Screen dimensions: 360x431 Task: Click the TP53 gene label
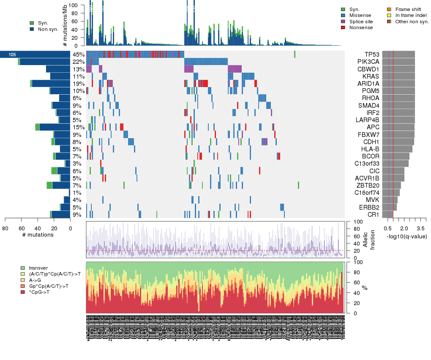372,55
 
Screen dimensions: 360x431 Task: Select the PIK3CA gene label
370,62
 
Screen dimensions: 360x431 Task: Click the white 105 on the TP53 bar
12,55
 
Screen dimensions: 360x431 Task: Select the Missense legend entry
360,15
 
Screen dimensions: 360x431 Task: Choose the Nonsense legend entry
361,27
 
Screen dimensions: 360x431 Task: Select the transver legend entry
38,268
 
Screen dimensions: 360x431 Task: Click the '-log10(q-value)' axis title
406,236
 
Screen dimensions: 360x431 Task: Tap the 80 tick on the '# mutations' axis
5,229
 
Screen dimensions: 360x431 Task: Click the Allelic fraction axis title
372,240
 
